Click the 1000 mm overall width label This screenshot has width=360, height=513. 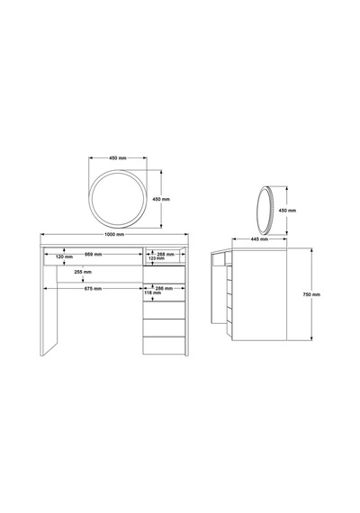tap(114, 234)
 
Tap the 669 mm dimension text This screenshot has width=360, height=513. tap(94, 254)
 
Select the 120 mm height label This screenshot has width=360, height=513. tap(64, 256)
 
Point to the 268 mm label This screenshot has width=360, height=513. tap(166, 254)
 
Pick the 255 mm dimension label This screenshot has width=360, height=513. tap(83, 272)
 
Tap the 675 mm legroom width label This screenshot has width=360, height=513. tap(93, 289)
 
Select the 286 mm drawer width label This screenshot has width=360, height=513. tap(164, 289)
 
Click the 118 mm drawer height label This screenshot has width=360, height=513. tap(153, 292)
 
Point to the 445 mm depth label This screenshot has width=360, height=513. tap(259, 239)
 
